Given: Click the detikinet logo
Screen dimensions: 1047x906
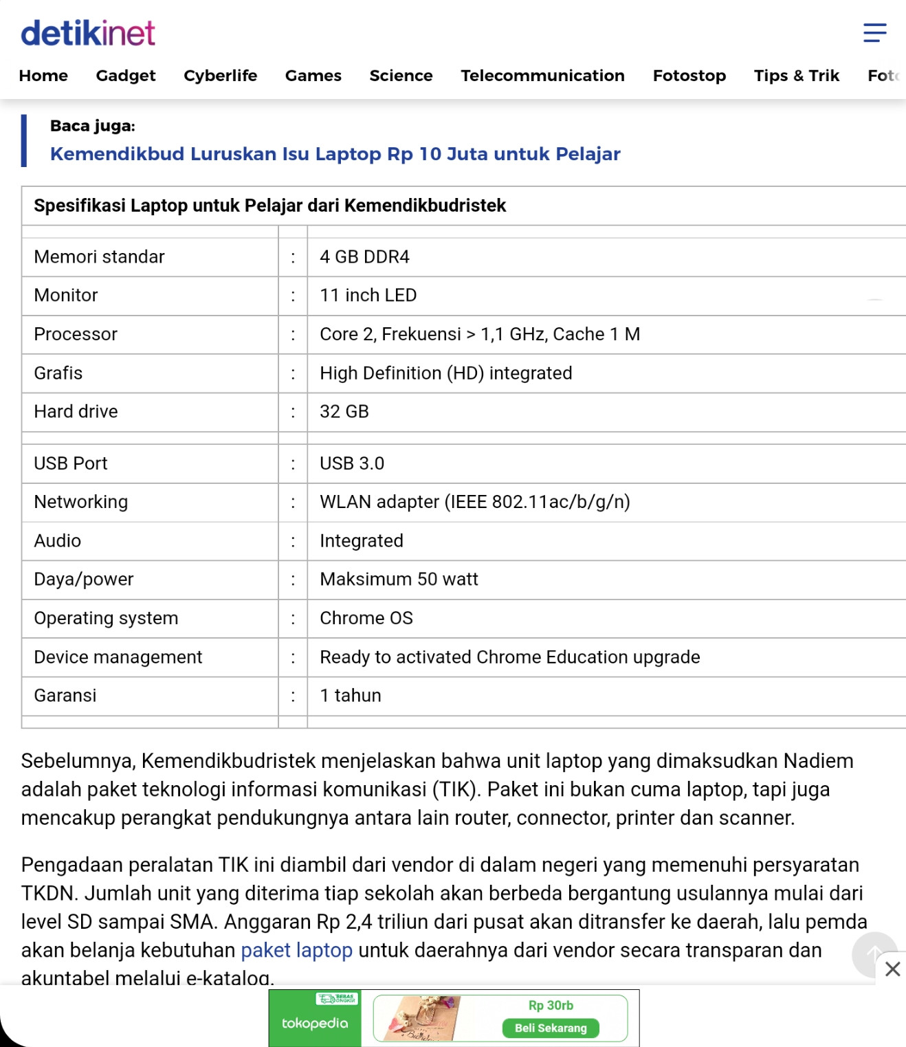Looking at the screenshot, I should (88, 33).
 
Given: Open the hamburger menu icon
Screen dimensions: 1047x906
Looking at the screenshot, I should (874, 32).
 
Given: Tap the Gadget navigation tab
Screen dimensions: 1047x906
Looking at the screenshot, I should (126, 76).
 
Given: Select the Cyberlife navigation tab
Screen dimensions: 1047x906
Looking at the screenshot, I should (220, 76).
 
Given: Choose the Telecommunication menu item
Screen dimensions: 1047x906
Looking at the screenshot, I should (542, 76).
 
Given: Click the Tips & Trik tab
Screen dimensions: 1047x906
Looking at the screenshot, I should (796, 76).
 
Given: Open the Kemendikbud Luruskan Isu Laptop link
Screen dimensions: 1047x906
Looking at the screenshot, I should (335, 154).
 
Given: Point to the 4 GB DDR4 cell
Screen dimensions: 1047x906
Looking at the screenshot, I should (364, 257).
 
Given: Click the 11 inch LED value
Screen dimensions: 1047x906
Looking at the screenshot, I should (368, 296).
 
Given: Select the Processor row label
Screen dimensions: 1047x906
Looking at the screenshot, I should (76, 334).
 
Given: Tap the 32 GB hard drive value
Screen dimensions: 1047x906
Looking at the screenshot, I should (344, 412).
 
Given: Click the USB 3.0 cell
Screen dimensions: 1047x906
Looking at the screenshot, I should (351, 463).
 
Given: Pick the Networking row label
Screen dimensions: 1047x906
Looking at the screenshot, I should (80, 502).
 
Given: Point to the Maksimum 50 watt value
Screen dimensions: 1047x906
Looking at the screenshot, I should (399, 580).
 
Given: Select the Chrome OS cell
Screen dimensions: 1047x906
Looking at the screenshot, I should (366, 618).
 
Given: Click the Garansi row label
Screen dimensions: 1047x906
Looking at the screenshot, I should (65, 696).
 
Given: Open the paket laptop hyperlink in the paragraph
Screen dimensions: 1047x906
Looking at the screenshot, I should (296, 950).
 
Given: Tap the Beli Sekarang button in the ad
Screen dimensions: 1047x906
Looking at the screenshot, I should (551, 1028).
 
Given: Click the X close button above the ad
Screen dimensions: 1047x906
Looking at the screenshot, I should (892, 969).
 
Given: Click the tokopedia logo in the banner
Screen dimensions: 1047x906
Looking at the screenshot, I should (315, 1023).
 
